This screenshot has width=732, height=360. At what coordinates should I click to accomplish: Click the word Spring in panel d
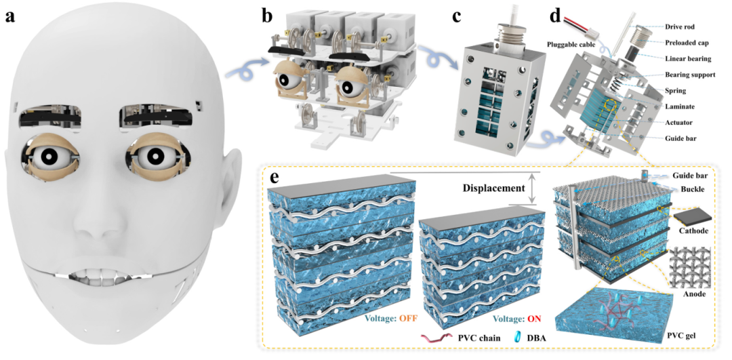[x=678, y=90]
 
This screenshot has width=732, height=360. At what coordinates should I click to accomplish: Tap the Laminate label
[x=682, y=106]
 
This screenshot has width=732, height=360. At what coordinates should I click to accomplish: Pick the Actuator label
[x=682, y=123]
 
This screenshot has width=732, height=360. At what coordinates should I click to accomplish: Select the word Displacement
[x=494, y=186]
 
